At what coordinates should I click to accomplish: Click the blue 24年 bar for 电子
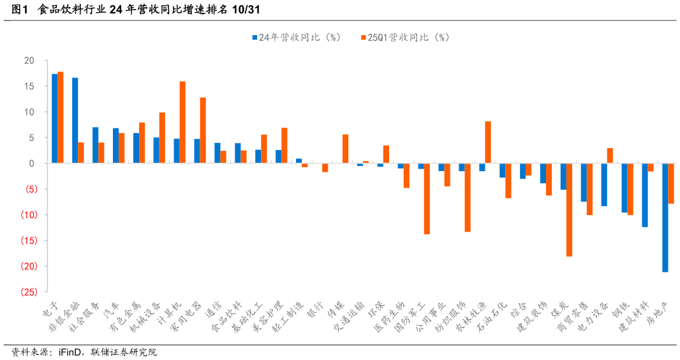55,119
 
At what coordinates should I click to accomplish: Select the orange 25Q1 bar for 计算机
182,123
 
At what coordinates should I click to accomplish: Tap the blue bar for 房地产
665,218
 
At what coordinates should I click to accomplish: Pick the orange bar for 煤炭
569,210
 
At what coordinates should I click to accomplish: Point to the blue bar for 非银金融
75,121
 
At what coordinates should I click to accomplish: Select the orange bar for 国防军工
427,199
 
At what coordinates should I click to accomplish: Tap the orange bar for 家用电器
203,130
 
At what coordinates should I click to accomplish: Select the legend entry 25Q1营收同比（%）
404,38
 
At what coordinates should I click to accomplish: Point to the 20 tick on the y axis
29,61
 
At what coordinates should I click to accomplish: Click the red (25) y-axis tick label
27,292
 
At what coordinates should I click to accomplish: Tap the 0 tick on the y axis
31,163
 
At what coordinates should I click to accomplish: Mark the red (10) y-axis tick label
27,214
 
